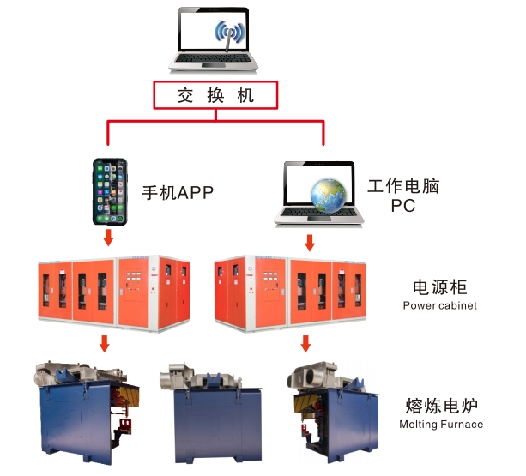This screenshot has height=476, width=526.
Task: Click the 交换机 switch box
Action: pyautogui.click(x=215, y=95)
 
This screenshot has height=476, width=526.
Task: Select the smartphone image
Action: pyautogui.click(x=110, y=191)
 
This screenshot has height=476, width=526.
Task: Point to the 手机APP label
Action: pyautogui.click(x=178, y=193)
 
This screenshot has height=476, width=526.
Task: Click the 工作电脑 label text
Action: pyautogui.click(x=403, y=186)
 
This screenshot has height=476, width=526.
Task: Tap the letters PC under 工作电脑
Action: pyautogui.click(x=403, y=206)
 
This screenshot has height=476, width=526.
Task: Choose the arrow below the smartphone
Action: pyautogui.click(x=108, y=238)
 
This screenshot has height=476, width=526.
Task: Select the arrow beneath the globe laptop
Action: pyautogui.click(x=310, y=243)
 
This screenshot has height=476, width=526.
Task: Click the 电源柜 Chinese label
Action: pyautogui.click(x=440, y=287)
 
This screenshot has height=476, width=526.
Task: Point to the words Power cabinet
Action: pyautogui.click(x=440, y=305)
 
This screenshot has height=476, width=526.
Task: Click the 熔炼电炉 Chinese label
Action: pyautogui.click(x=441, y=406)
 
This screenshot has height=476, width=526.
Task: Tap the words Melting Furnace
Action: pyautogui.click(x=441, y=425)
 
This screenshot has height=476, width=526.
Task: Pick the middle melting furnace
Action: pyautogui.click(x=211, y=413)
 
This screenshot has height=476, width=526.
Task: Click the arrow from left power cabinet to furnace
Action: pyautogui.click(x=105, y=344)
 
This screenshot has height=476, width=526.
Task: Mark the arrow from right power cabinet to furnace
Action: pyautogui.click(x=305, y=344)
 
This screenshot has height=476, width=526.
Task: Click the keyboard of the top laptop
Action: pyautogui.click(x=214, y=58)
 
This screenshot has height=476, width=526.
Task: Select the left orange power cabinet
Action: pyautogui.click(x=114, y=293)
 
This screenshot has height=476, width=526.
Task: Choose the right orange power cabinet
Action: pyautogui.click(x=291, y=293)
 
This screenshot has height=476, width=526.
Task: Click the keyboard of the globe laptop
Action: pyautogui.click(x=319, y=212)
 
